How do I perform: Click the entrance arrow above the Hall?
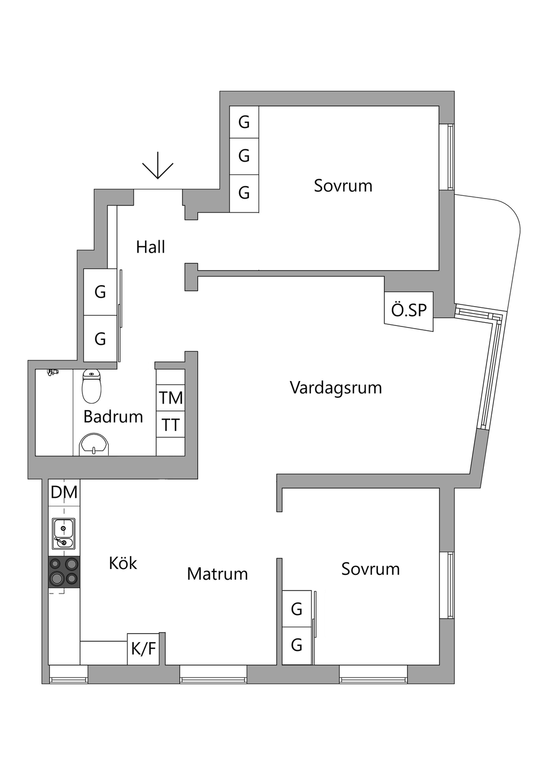pos(158,166)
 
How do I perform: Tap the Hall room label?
pos(150,247)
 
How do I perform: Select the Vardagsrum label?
pos(336,387)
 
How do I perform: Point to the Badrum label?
pos(113,416)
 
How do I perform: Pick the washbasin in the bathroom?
pos(94,445)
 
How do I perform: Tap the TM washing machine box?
pos(171,398)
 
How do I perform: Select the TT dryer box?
pos(171,425)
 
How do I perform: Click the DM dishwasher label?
pos(64,492)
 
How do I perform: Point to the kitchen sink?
pos(63,534)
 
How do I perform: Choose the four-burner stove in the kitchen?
pos(64,572)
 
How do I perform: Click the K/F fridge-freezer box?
pos(143,649)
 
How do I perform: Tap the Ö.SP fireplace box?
pos(409,310)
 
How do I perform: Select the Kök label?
pos(123,563)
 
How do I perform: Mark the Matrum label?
pos(217,574)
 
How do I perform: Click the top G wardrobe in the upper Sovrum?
pos(244,122)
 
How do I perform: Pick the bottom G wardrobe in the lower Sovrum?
pos(296,645)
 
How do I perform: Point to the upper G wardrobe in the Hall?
pos(100,292)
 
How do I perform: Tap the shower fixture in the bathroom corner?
pos(52,371)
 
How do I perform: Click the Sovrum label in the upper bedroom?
pos(343,186)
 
